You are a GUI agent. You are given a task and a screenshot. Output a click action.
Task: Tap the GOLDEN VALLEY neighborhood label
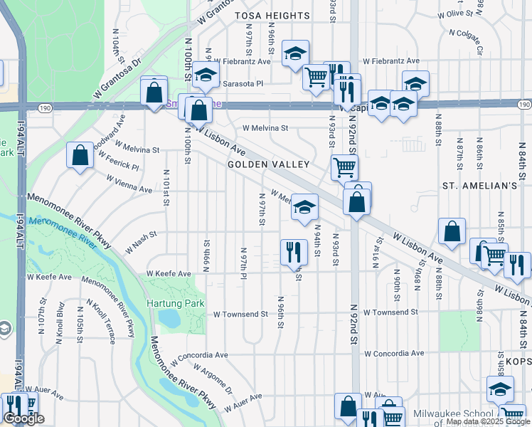click(268, 164)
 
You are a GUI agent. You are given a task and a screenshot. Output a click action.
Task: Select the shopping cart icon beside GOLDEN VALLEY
click(344, 167)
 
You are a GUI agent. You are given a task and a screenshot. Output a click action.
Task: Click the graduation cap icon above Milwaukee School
click(500, 389)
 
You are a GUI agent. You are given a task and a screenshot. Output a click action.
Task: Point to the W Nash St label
click(140, 245)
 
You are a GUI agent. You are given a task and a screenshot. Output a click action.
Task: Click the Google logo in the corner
click(23, 419)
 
